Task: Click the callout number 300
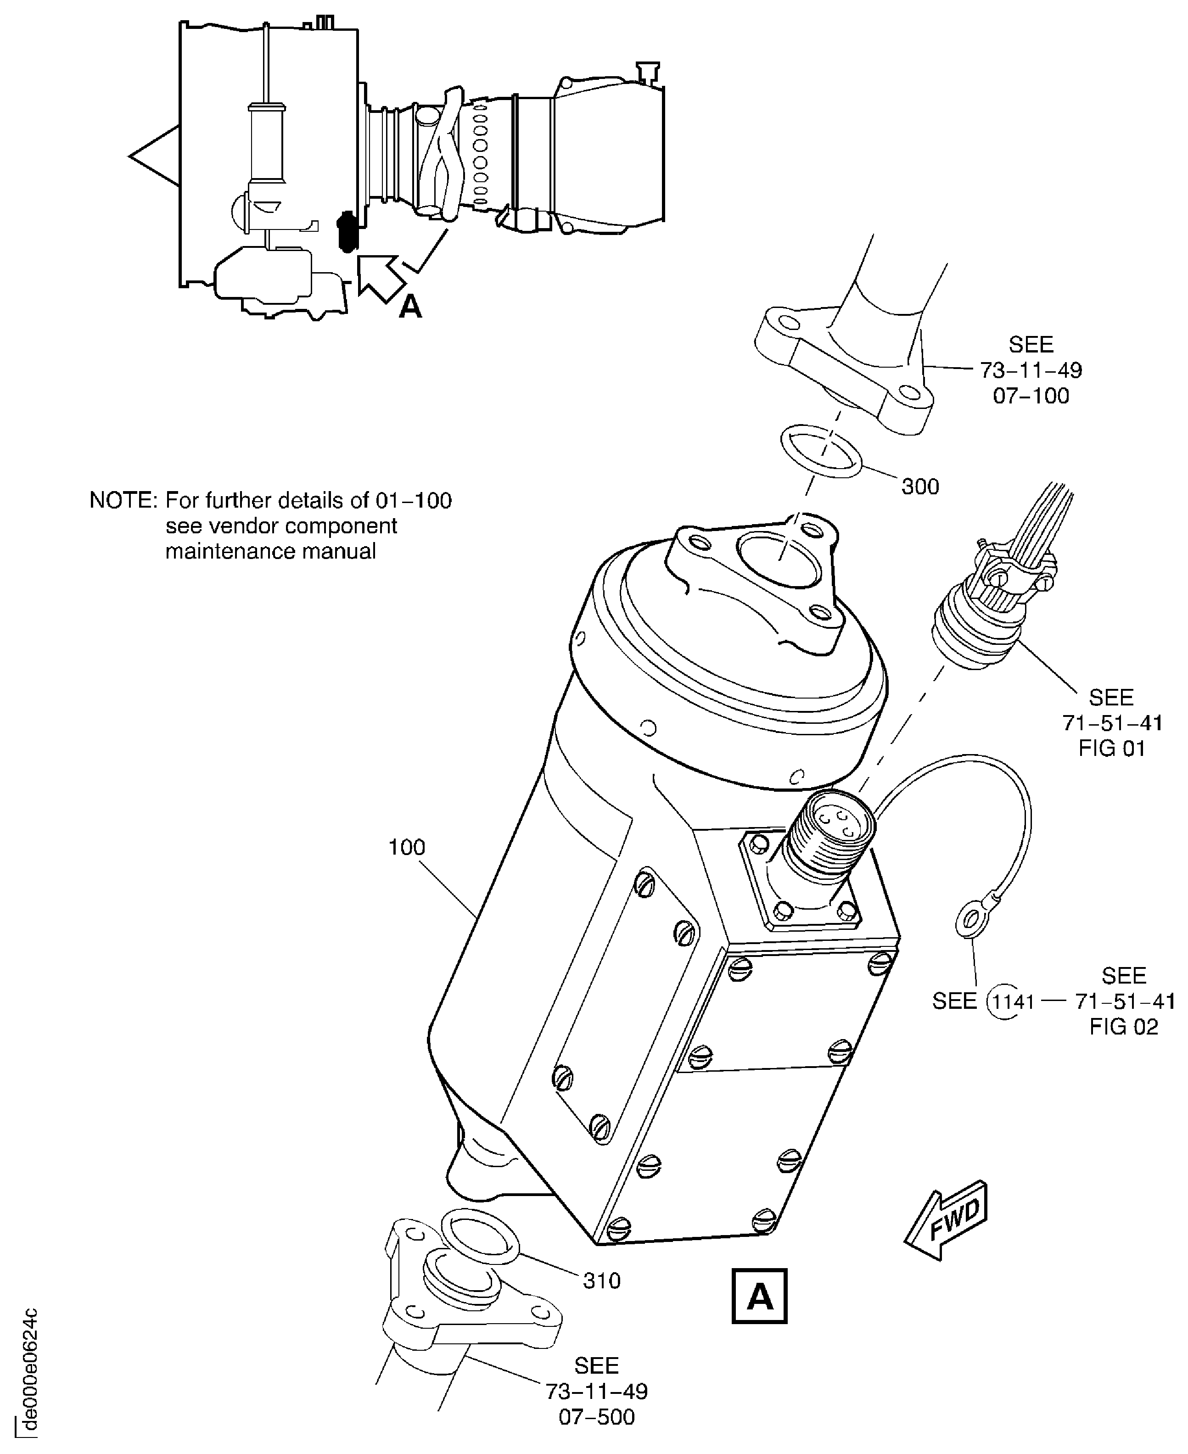(x=920, y=487)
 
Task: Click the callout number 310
(x=601, y=1280)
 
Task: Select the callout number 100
(x=407, y=847)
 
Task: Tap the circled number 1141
(x=1012, y=1002)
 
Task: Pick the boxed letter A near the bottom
(x=760, y=1297)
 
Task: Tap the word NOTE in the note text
(x=123, y=501)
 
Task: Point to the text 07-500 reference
(x=597, y=1416)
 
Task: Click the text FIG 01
(x=1111, y=749)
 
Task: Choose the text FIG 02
(x=1124, y=1027)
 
